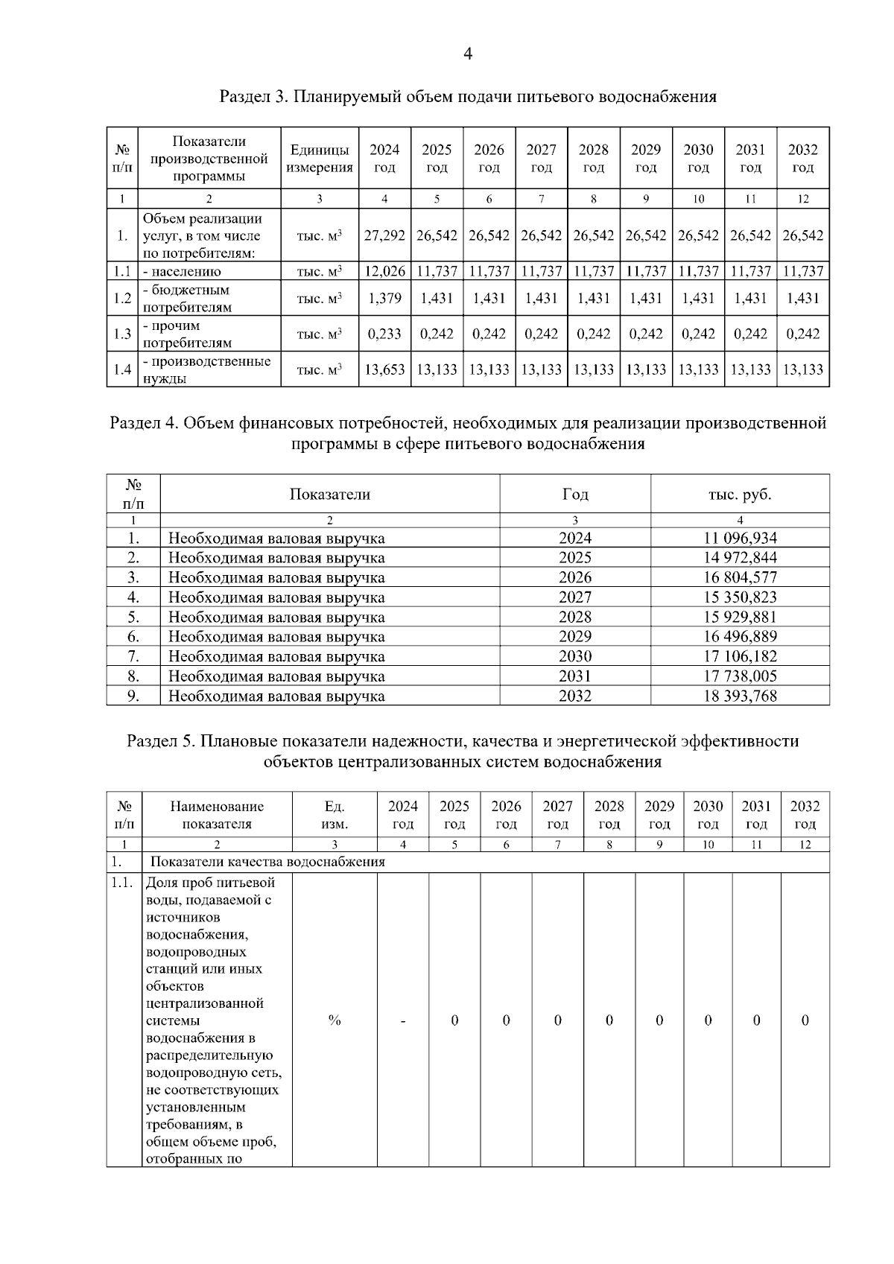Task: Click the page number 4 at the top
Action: (468, 54)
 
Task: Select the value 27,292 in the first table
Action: (384, 235)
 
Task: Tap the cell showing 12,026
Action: (384, 271)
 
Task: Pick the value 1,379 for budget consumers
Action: (384, 298)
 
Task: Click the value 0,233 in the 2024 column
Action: (384, 334)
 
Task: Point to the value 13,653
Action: (384, 369)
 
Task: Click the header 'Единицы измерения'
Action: (320, 159)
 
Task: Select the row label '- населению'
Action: (182, 272)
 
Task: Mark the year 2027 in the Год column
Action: (575, 597)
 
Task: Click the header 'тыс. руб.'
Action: (740, 495)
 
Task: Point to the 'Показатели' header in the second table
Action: (329, 495)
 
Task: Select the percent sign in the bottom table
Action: (335, 1020)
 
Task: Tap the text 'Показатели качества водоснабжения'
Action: (268, 862)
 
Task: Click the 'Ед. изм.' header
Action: (335, 815)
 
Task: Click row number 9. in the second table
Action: (133, 696)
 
